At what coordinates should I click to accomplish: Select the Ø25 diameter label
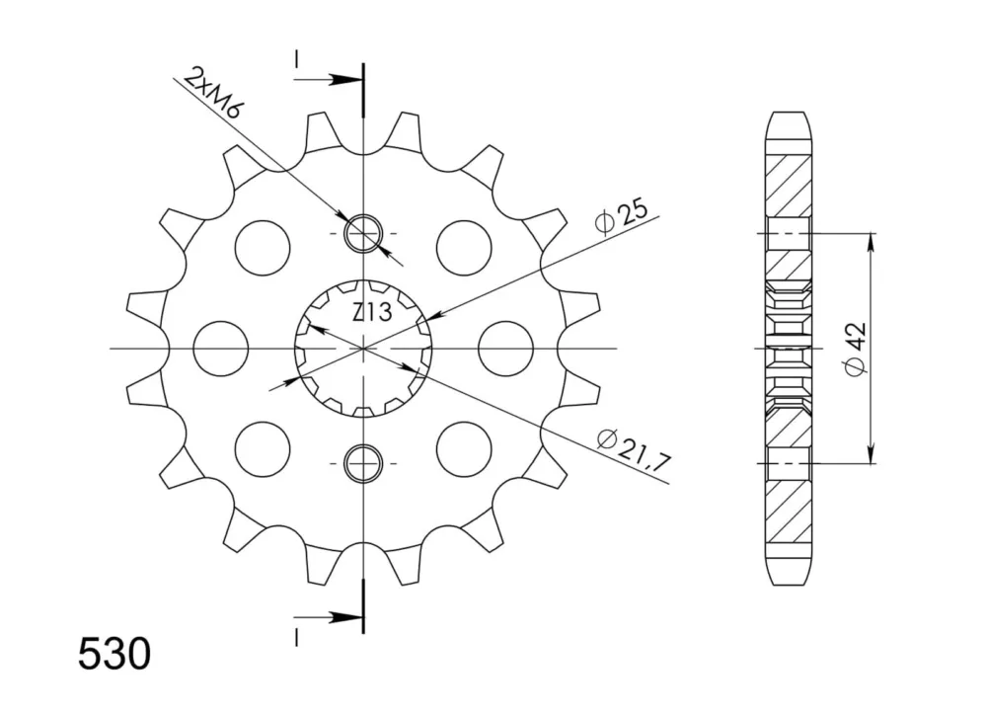pyautogui.click(x=621, y=216)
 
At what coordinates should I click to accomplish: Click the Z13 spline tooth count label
pyautogui.click(x=372, y=312)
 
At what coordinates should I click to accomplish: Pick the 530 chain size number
pyautogui.click(x=114, y=654)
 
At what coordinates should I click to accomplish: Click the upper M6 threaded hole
pyautogui.click(x=363, y=233)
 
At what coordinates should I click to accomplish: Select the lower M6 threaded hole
pyautogui.click(x=363, y=463)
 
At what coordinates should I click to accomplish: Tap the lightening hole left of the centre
pyautogui.click(x=221, y=349)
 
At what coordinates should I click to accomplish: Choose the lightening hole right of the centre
pyautogui.click(x=505, y=349)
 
